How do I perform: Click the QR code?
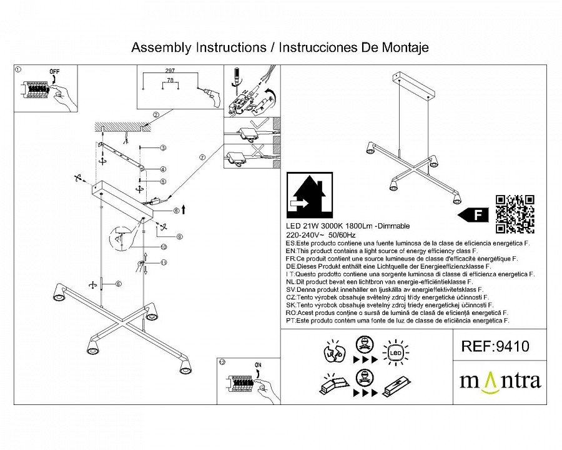515,214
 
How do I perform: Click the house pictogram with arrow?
308,194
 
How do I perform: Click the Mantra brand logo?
500,381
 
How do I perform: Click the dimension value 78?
169,82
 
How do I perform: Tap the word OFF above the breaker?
54,72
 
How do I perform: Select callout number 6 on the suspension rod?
118,284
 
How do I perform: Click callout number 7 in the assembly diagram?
202,158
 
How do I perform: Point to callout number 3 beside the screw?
162,148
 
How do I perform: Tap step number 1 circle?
18,70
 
